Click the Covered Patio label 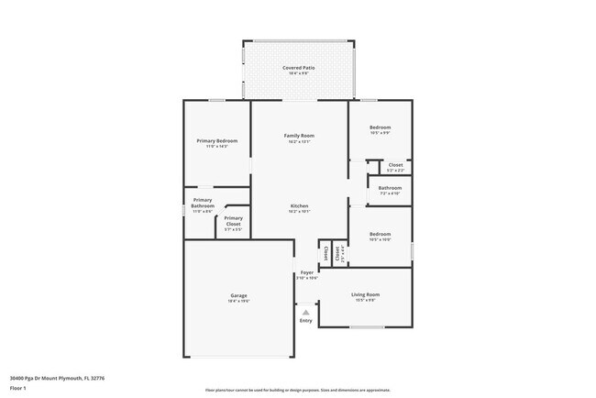(x=298, y=68)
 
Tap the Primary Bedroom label (x=217, y=140)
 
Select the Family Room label (x=299, y=136)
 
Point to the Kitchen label (x=299, y=205)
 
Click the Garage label (x=238, y=295)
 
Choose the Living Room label (x=366, y=294)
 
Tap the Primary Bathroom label (x=203, y=203)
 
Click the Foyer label (x=306, y=272)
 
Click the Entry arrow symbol (x=305, y=312)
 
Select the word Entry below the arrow (x=305, y=321)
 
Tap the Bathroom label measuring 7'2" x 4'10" (x=391, y=188)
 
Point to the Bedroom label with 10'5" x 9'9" (x=380, y=127)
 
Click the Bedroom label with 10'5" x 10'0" (x=380, y=234)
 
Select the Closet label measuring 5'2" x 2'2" (x=395, y=165)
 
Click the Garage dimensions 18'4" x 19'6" (x=238, y=301)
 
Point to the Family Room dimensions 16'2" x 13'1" (x=299, y=141)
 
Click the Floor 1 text (x=18, y=388)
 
